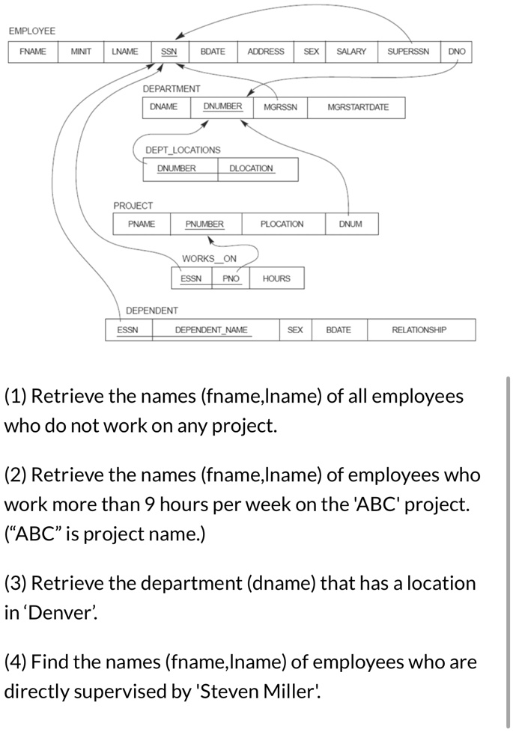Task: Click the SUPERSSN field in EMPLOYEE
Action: click(x=408, y=52)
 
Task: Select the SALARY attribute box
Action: click(x=351, y=52)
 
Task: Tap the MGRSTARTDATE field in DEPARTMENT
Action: click(x=358, y=107)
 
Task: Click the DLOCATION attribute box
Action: click(x=251, y=168)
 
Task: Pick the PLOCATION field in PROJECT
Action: click(x=282, y=224)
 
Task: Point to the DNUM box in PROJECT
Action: click(x=350, y=224)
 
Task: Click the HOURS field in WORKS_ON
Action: click(x=276, y=278)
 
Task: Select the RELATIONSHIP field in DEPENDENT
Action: click(x=419, y=329)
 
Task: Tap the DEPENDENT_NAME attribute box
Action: click(x=211, y=329)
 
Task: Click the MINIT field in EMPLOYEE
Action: click(x=81, y=52)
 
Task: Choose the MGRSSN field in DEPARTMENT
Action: click(x=280, y=107)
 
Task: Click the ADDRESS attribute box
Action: click(x=266, y=52)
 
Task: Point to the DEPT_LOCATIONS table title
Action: click(x=183, y=150)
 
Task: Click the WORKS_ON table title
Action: click(x=209, y=259)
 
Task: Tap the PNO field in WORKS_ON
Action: click(x=231, y=278)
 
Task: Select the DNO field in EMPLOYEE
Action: click(x=457, y=52)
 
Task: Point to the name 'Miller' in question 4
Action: click(x=288, y=692)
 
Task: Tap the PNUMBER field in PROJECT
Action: click(x=204, y=224)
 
